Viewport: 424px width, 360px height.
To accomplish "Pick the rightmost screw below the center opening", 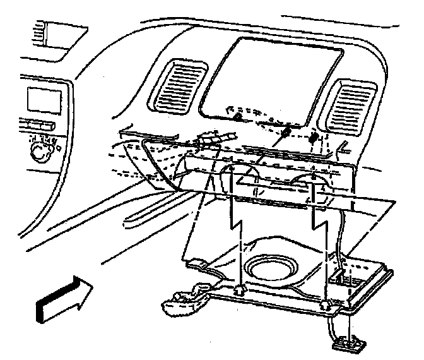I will (x=313, y=136).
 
